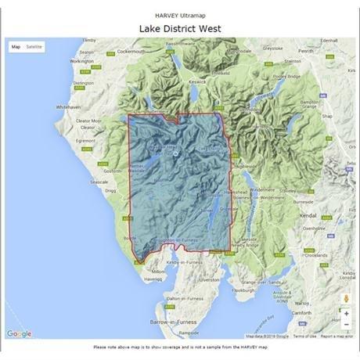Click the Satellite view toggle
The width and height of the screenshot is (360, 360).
[x=34, y=47]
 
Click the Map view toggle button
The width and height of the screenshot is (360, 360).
[x=16, y=47]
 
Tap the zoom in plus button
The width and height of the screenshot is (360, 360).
[x=346, y=313]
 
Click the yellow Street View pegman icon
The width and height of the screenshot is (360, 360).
[x=346, y=298]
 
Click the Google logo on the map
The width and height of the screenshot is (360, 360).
[x=19, y=334]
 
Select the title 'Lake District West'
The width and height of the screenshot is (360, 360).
[x=179, y=28]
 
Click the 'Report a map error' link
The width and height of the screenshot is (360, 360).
[x=335, y=337]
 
